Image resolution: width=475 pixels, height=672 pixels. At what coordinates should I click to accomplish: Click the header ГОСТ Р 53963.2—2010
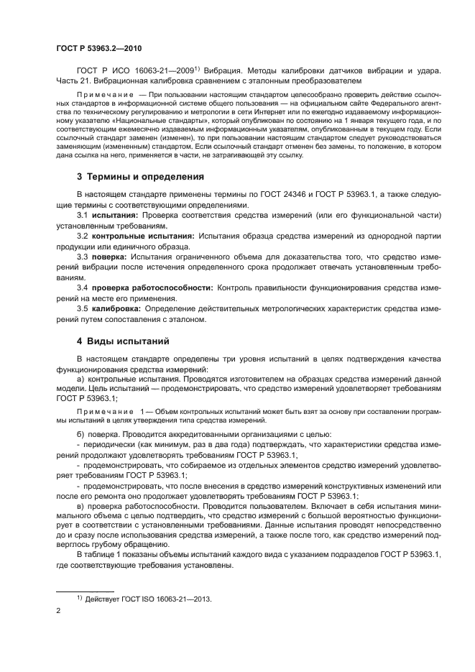[x=98, y=49]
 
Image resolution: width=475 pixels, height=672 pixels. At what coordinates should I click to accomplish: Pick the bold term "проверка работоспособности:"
[x=152, y=287]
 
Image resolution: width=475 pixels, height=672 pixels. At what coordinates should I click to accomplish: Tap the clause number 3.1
[x=83, y=215]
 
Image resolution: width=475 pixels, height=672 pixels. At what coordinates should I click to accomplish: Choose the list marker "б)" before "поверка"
[x=80, y=435]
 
